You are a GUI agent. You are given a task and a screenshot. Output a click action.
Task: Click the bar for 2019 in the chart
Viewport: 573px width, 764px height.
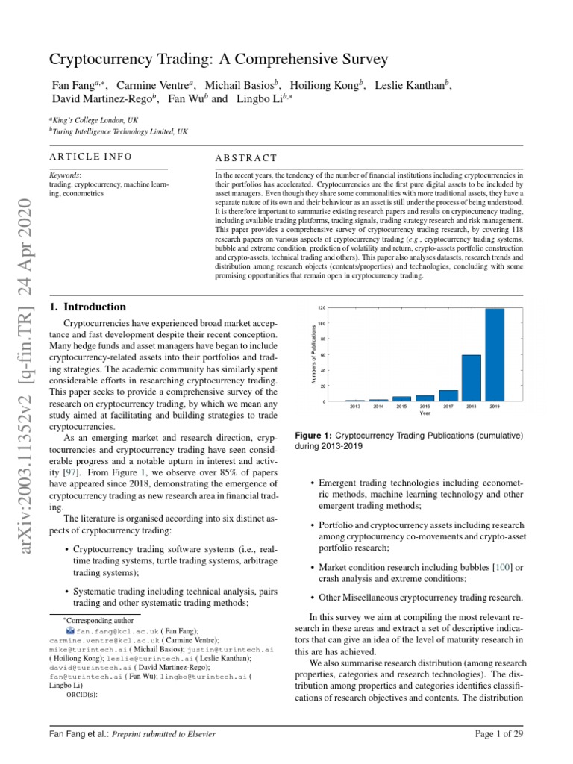pos(495,355)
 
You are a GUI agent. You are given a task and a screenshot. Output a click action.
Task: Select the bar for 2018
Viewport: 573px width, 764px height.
pos(472,378)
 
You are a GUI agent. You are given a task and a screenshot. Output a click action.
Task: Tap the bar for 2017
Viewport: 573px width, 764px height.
pos(448,395)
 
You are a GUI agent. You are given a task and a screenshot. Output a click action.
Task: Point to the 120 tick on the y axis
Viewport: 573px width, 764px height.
pos(322,308)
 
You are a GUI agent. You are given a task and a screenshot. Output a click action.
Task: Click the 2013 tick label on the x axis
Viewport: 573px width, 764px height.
pos(355,407)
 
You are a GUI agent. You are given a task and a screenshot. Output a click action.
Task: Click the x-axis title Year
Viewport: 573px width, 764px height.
pos(425,413)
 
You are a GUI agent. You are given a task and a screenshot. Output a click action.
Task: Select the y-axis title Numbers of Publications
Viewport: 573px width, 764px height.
pos(315,354)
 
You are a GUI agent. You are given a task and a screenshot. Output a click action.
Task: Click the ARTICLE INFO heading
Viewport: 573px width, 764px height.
pos(90,156)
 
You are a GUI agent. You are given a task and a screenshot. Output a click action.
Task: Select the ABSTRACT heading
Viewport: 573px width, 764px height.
pos(245,158)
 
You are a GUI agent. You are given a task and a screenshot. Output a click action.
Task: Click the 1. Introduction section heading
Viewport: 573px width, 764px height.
pos(87,307)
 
